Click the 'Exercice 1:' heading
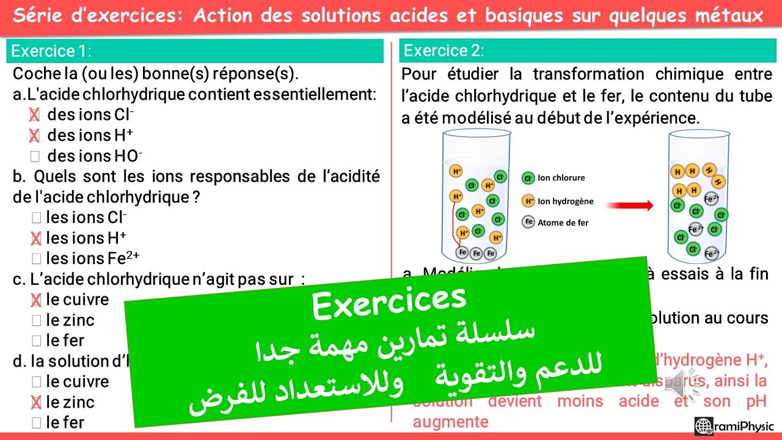51,51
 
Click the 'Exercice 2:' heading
444,51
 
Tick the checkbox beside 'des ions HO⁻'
35,156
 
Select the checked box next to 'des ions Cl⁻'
35,115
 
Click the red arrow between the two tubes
630,205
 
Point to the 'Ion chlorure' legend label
561,178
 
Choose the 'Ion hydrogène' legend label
565,201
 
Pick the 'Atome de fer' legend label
563,222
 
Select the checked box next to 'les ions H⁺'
35,238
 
